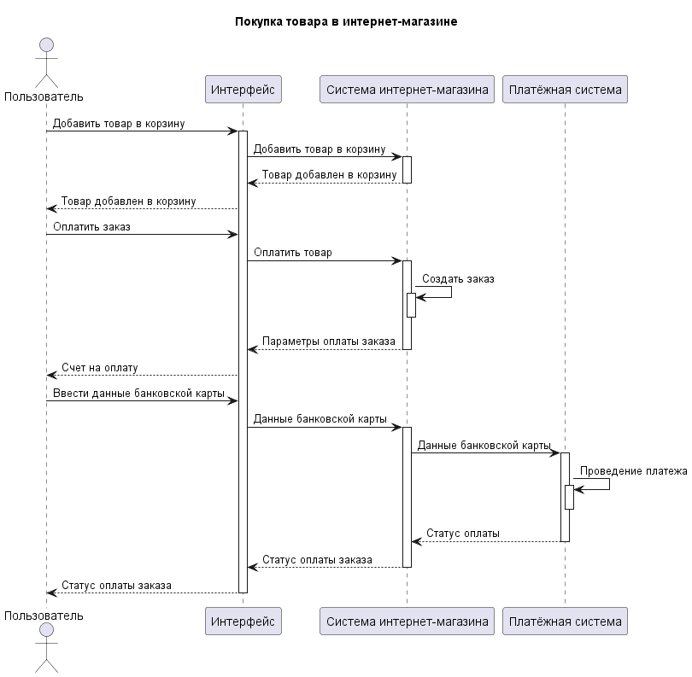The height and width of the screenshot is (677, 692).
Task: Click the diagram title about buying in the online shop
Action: [346, 22]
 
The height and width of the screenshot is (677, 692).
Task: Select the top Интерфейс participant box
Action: [243, 89]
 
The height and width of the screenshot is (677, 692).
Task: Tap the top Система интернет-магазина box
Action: [407, 89]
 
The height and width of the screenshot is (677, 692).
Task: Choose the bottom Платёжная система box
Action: [565, 621]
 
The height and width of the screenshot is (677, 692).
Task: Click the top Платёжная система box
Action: [565, 89]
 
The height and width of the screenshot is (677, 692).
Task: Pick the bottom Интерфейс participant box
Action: [243, 621]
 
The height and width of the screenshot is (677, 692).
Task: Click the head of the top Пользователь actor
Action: [46, 44]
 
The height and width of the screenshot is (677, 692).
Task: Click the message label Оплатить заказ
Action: [91, 227]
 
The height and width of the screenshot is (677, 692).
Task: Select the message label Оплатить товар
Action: [292, 253]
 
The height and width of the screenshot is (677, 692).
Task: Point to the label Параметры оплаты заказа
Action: [329, 341]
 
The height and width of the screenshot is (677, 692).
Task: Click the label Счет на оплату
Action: [99, 368]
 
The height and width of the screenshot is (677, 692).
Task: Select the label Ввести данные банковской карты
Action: [138, 394]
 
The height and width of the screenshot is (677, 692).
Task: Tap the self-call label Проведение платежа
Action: [633, 471]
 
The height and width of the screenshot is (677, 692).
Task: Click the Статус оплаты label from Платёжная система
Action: [463, 534]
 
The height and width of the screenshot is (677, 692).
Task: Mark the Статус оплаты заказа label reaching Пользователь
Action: [116, 586]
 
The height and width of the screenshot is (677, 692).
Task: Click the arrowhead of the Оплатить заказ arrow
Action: [232, 234]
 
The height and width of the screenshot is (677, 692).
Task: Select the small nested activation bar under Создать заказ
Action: [411, 305]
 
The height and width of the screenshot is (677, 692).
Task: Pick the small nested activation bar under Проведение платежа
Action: [569, 497]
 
